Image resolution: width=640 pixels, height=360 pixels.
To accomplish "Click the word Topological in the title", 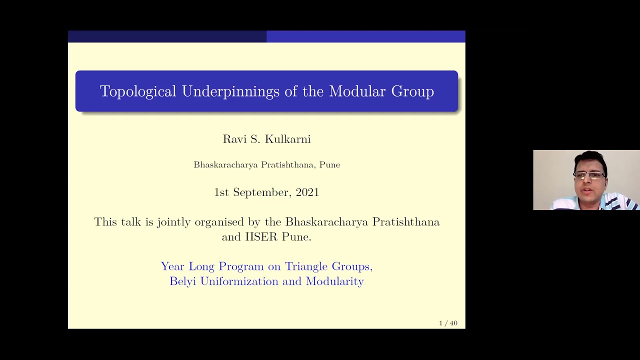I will tap(138, 91).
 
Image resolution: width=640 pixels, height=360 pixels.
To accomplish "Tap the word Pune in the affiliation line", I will tap(329, 164).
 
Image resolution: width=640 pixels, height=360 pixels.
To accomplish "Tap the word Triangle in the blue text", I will tap(304, 266).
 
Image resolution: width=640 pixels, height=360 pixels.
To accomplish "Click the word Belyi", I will tap(183, 281).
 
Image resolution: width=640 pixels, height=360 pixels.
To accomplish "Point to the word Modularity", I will tap(334, 281).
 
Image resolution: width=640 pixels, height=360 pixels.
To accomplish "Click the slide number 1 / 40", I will tap(448, 323).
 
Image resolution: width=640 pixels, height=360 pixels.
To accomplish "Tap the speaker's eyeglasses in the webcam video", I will tap(590, 175).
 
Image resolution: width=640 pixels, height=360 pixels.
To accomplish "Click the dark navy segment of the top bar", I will tap(167, 36).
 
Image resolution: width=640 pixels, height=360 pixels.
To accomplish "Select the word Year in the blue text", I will tap(172, 266).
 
